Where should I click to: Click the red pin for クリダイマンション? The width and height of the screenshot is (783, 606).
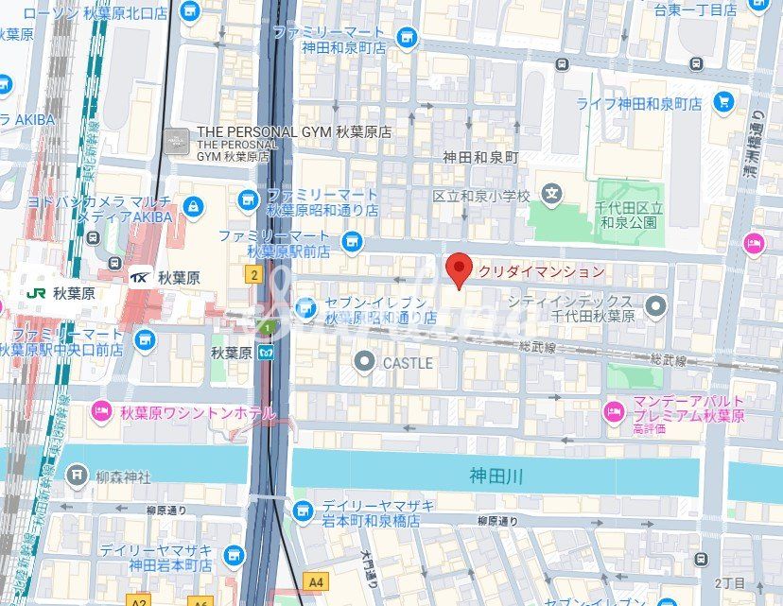(x=459, y=269)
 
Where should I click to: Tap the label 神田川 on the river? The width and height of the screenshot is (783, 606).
(x=496, y=475)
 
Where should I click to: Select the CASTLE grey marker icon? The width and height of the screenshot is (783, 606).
(x=365, y=361)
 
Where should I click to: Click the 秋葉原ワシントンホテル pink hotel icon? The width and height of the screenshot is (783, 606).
(x=101, y=412)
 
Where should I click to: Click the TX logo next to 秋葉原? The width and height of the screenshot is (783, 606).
(x=140, y=278)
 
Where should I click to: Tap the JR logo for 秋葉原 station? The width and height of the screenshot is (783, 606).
(x=37, y=293)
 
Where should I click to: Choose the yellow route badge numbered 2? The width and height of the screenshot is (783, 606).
(x=252, y=274)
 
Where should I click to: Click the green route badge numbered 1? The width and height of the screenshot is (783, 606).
(x=269, y=328)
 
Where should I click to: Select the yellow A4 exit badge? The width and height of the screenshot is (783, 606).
(x=315, y=580)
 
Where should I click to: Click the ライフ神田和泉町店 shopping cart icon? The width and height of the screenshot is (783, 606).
(x=724, y=102)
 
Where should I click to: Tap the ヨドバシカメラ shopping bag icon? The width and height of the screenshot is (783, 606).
(x=193, y=205)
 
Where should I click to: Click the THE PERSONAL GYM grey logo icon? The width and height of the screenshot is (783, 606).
(x=176, y=140)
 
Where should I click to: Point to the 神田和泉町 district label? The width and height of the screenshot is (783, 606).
(x=481, y=159)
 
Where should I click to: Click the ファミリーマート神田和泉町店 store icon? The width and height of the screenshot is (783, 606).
(x=408, y=38)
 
